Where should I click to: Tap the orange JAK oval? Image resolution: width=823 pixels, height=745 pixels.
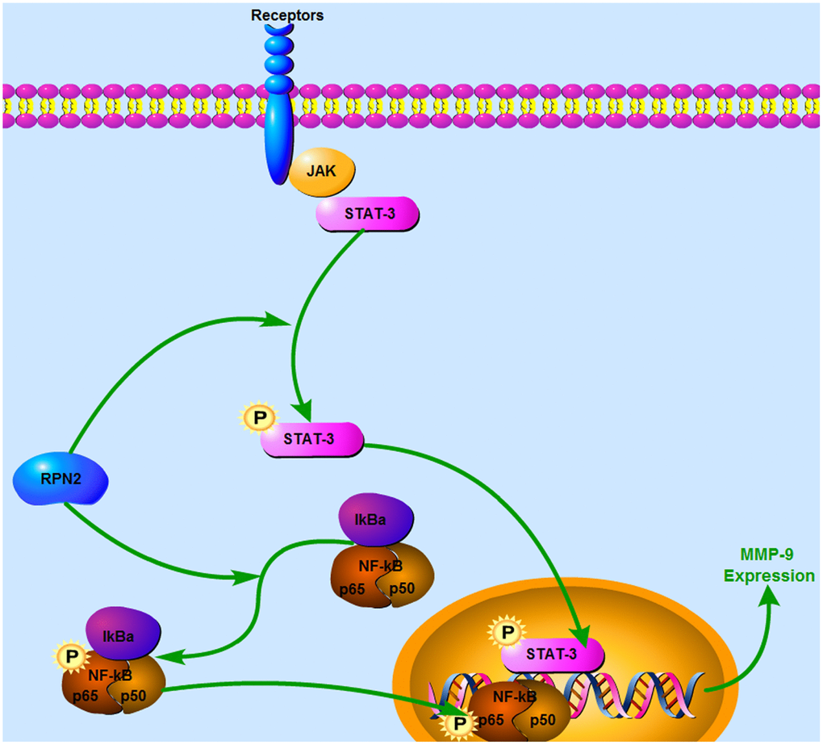(x=323, y=172)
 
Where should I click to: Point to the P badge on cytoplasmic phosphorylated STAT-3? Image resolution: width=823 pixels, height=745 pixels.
(x=259, y=419)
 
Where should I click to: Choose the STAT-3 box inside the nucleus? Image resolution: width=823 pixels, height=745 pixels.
(x=553, y=654)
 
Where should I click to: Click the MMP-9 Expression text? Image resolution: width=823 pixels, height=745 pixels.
(x=769, y=566)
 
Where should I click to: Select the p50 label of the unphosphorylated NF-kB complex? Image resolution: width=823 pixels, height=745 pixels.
(x=403, y=588)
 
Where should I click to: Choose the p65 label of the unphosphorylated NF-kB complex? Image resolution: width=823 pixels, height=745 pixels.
(x=353, y=588)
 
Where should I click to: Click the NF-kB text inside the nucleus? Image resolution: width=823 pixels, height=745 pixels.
(x=516, y=696)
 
